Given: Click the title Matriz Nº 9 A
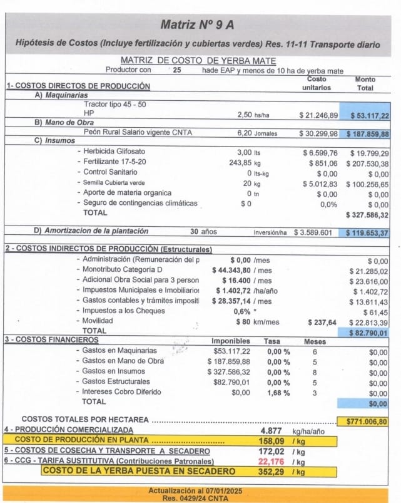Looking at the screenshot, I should [x=197, y=25].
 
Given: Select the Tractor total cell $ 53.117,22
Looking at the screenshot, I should [x=368, y=116].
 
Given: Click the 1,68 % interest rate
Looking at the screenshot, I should [x=278, y=393].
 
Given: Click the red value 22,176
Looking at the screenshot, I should [x=271, y=462].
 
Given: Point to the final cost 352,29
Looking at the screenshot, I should [x=271, y=472].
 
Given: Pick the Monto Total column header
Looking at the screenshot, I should [x=365, y=84].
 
